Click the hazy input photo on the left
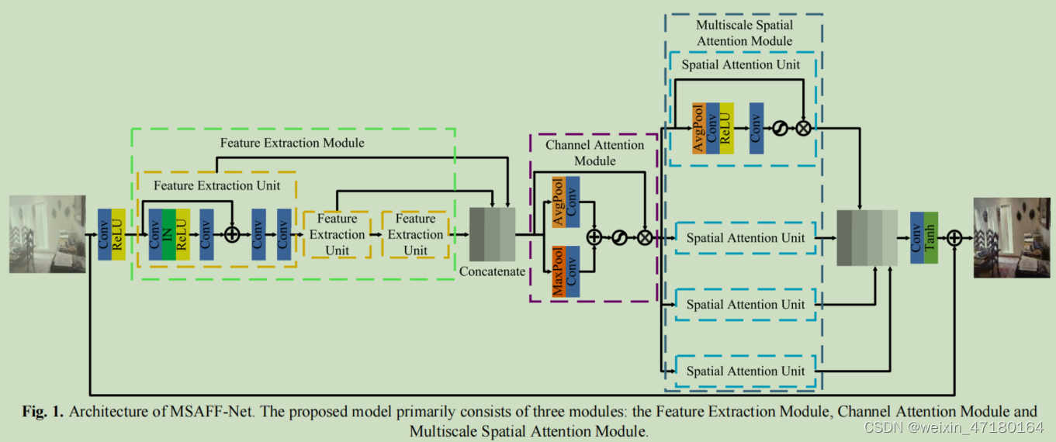click(47, 234)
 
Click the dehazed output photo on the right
click(1012, 237)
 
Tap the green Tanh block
click(930, 237)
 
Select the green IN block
click(168, 234)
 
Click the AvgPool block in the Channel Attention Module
click(557, 202)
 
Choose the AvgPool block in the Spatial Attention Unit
click(698, 128)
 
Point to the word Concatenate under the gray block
click(493, 271)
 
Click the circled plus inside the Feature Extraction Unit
click(232, 234)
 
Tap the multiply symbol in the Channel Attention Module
click(645, 238)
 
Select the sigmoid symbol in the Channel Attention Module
click(619, 238)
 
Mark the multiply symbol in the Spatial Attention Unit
click(803, 128)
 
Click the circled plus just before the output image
click(954, 237)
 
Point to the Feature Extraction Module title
click(292, 143)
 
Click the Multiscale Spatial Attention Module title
click(744, 33)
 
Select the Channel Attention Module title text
click(594, 153)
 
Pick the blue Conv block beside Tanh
click(916, 237)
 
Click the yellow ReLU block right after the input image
click(118, 234)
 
